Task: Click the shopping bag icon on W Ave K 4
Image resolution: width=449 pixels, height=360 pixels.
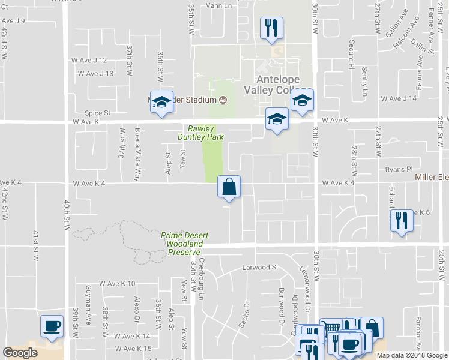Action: (229, 187)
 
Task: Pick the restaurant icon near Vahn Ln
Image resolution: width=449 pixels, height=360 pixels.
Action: (271, 28)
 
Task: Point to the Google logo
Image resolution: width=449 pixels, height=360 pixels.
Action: (20, 353)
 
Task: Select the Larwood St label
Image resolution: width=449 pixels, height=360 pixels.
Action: (261, 267)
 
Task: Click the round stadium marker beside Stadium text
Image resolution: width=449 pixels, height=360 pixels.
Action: (223, 100)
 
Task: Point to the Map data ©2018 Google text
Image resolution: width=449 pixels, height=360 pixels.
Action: (411, 355)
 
